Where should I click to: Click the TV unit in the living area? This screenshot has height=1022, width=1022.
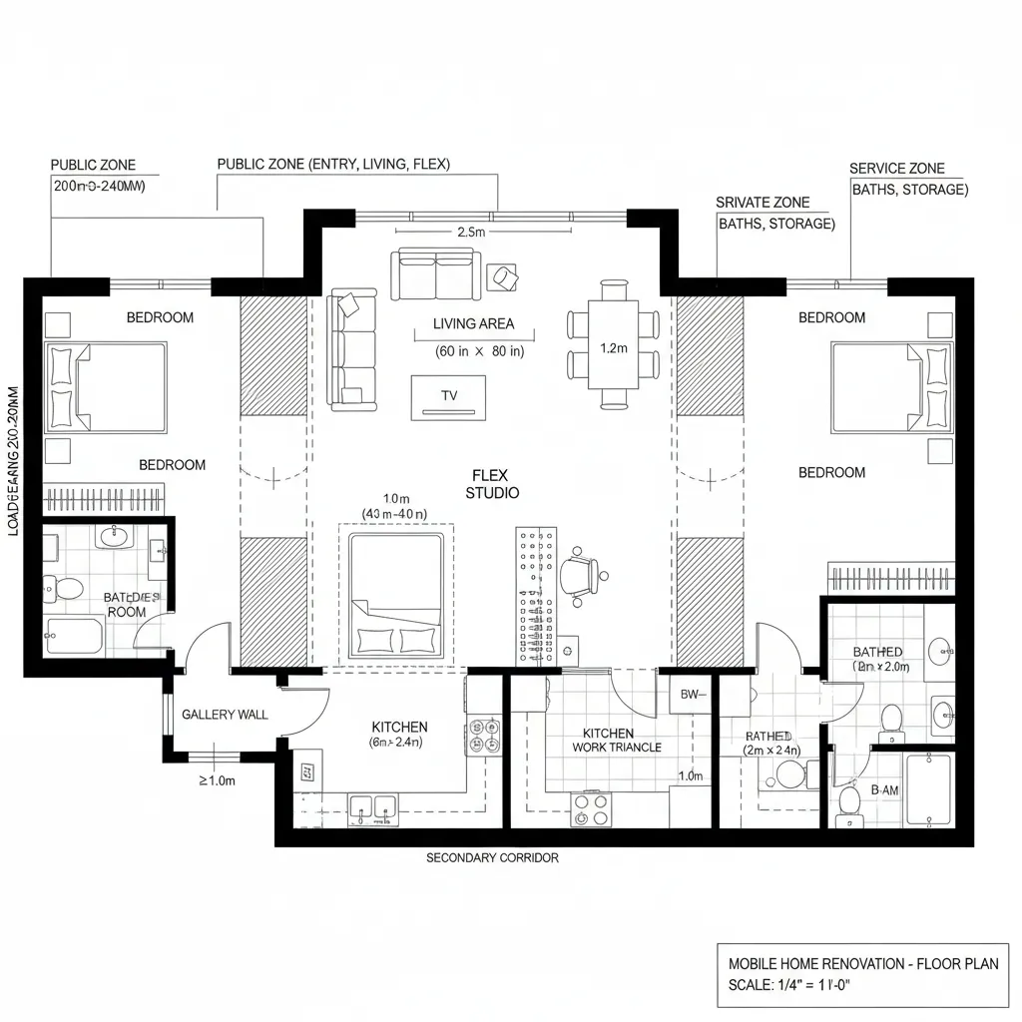tap(448, 396)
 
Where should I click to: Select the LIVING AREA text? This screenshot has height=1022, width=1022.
tap(474, 323)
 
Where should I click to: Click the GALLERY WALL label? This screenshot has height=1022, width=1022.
tap(225, 715)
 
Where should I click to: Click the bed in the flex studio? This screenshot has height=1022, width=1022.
tap(395, 595)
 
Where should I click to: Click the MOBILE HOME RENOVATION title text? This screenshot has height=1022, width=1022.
tap(862, 964)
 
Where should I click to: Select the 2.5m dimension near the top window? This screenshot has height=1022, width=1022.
tap(470, 232)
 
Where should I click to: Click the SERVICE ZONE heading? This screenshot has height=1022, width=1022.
tap(896, 169)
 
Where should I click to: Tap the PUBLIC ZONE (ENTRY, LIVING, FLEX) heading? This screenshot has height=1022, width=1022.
tap(333, 164)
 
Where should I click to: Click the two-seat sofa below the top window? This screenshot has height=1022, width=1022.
tap(434, 273)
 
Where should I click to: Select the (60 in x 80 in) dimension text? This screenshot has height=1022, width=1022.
tap(479, 351)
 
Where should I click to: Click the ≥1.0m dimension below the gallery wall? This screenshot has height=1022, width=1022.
tap(217, 780)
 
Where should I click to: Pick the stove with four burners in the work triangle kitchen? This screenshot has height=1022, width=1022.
tap(590, 809)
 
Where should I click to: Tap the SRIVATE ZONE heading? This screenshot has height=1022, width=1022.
tap(763, 203)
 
